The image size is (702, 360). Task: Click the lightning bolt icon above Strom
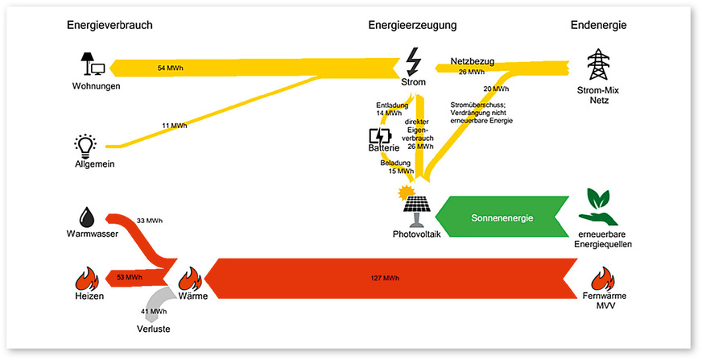point(412,60)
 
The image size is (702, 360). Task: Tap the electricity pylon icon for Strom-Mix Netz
point(597,64)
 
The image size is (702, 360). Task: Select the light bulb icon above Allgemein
point(85,145)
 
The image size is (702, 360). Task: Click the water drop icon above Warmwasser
point(86,216)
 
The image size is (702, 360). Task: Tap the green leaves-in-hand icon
point(599,207)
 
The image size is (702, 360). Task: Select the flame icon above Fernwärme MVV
point(603,279)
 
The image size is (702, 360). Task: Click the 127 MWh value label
point(385,278)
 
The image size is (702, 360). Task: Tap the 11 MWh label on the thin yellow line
point(174,126)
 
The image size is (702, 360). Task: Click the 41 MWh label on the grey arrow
point(154,312)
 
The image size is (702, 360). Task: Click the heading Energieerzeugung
point(412,25)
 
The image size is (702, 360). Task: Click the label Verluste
point(155,329)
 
